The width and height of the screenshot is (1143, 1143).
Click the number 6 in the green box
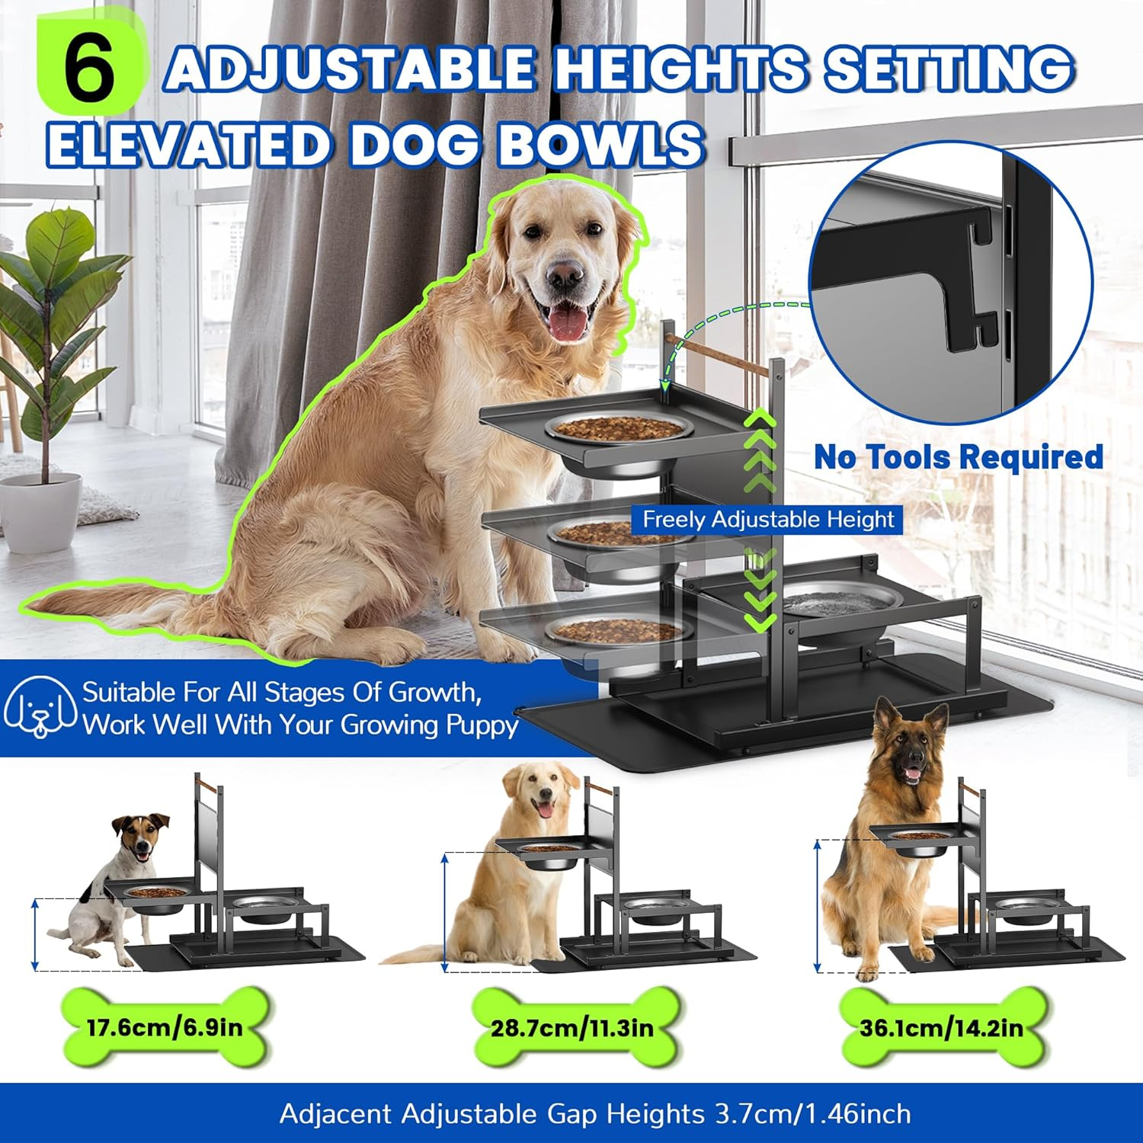[89, 69]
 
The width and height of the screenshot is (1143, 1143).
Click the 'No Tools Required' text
[958, 457]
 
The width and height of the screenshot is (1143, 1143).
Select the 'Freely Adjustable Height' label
[767, 520]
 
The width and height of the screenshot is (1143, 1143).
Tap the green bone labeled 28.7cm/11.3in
[572, 1028]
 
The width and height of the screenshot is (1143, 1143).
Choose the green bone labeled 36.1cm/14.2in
[941, 1028]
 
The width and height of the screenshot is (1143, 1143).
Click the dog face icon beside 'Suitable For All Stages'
[40, 708]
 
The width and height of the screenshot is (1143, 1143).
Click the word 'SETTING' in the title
[949, 69]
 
